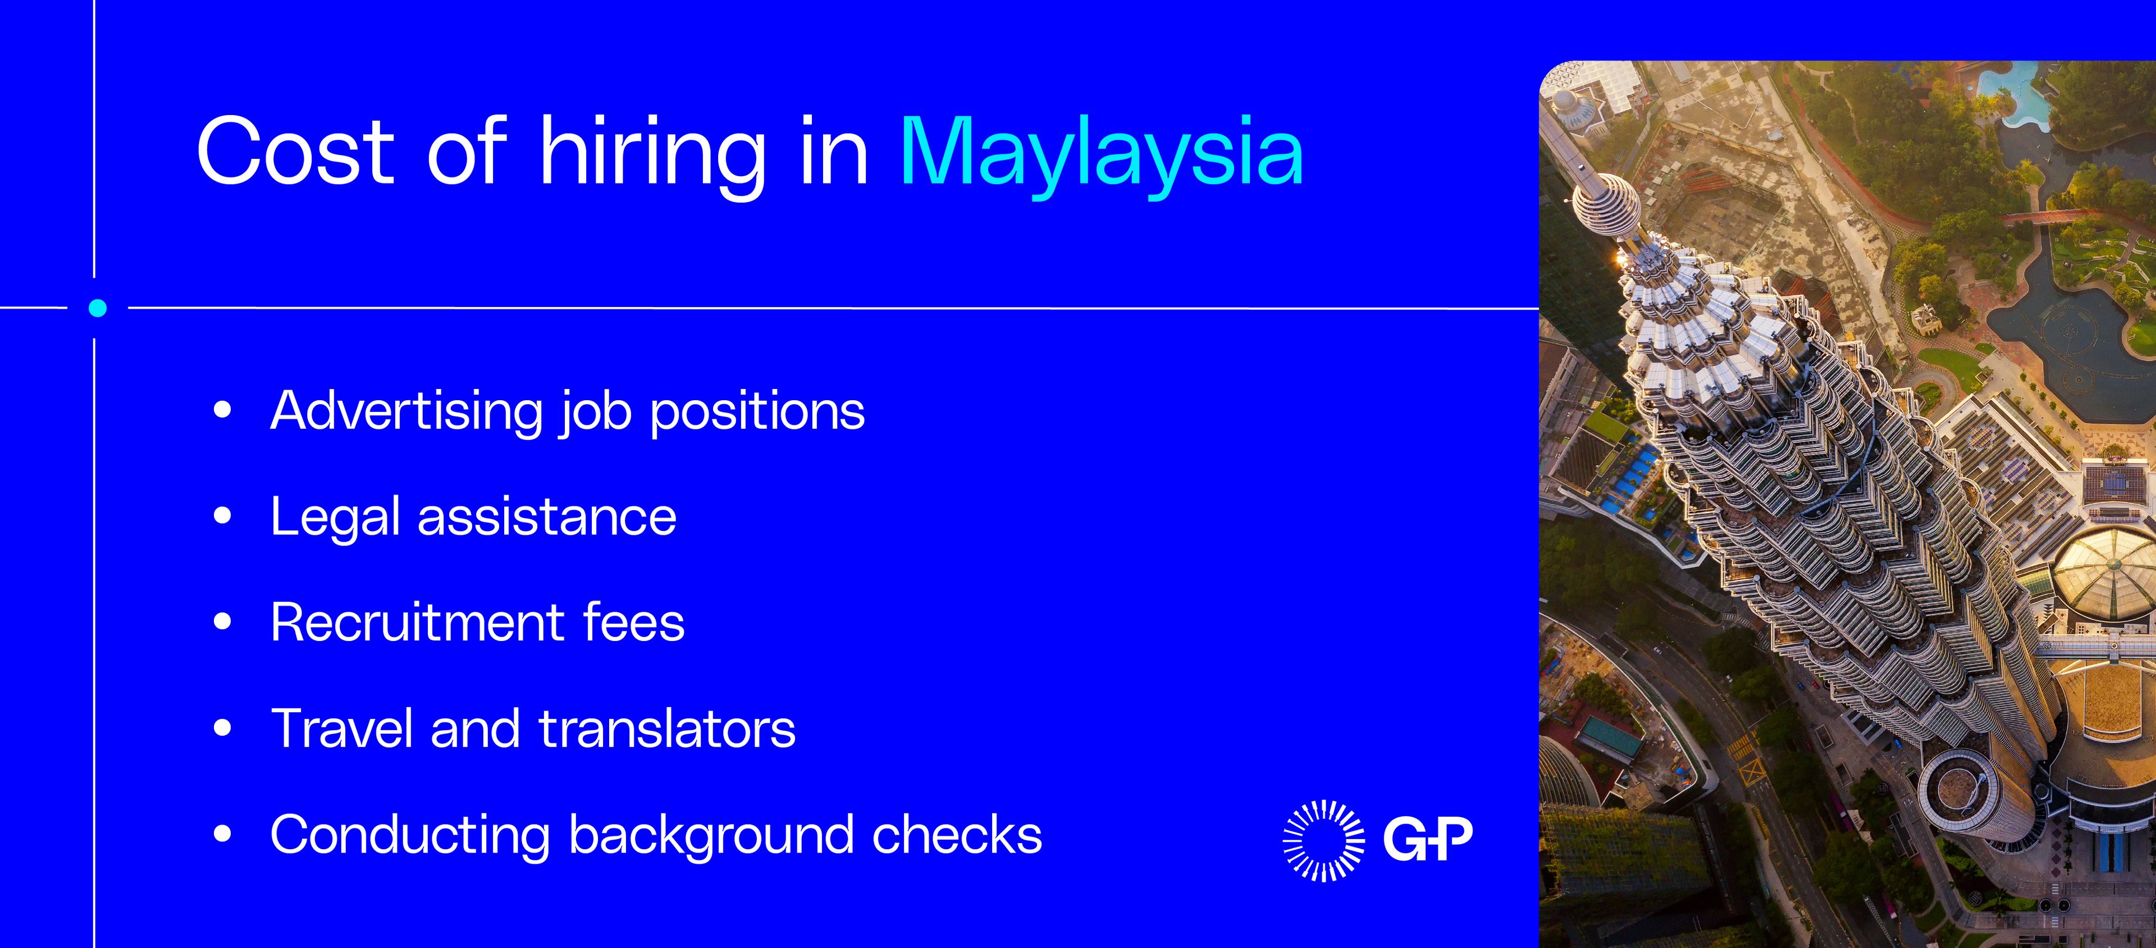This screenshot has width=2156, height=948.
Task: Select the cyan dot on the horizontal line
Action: (97, 308)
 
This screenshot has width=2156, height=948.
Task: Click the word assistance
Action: (546, 517)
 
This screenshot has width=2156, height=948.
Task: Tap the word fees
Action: (633, 622)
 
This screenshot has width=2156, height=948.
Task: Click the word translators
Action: (667, 729)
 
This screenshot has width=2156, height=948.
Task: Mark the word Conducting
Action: (410, 836)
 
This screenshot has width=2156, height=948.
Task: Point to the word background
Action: (711, 836)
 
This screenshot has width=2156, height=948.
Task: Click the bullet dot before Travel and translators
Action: (222, 728)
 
